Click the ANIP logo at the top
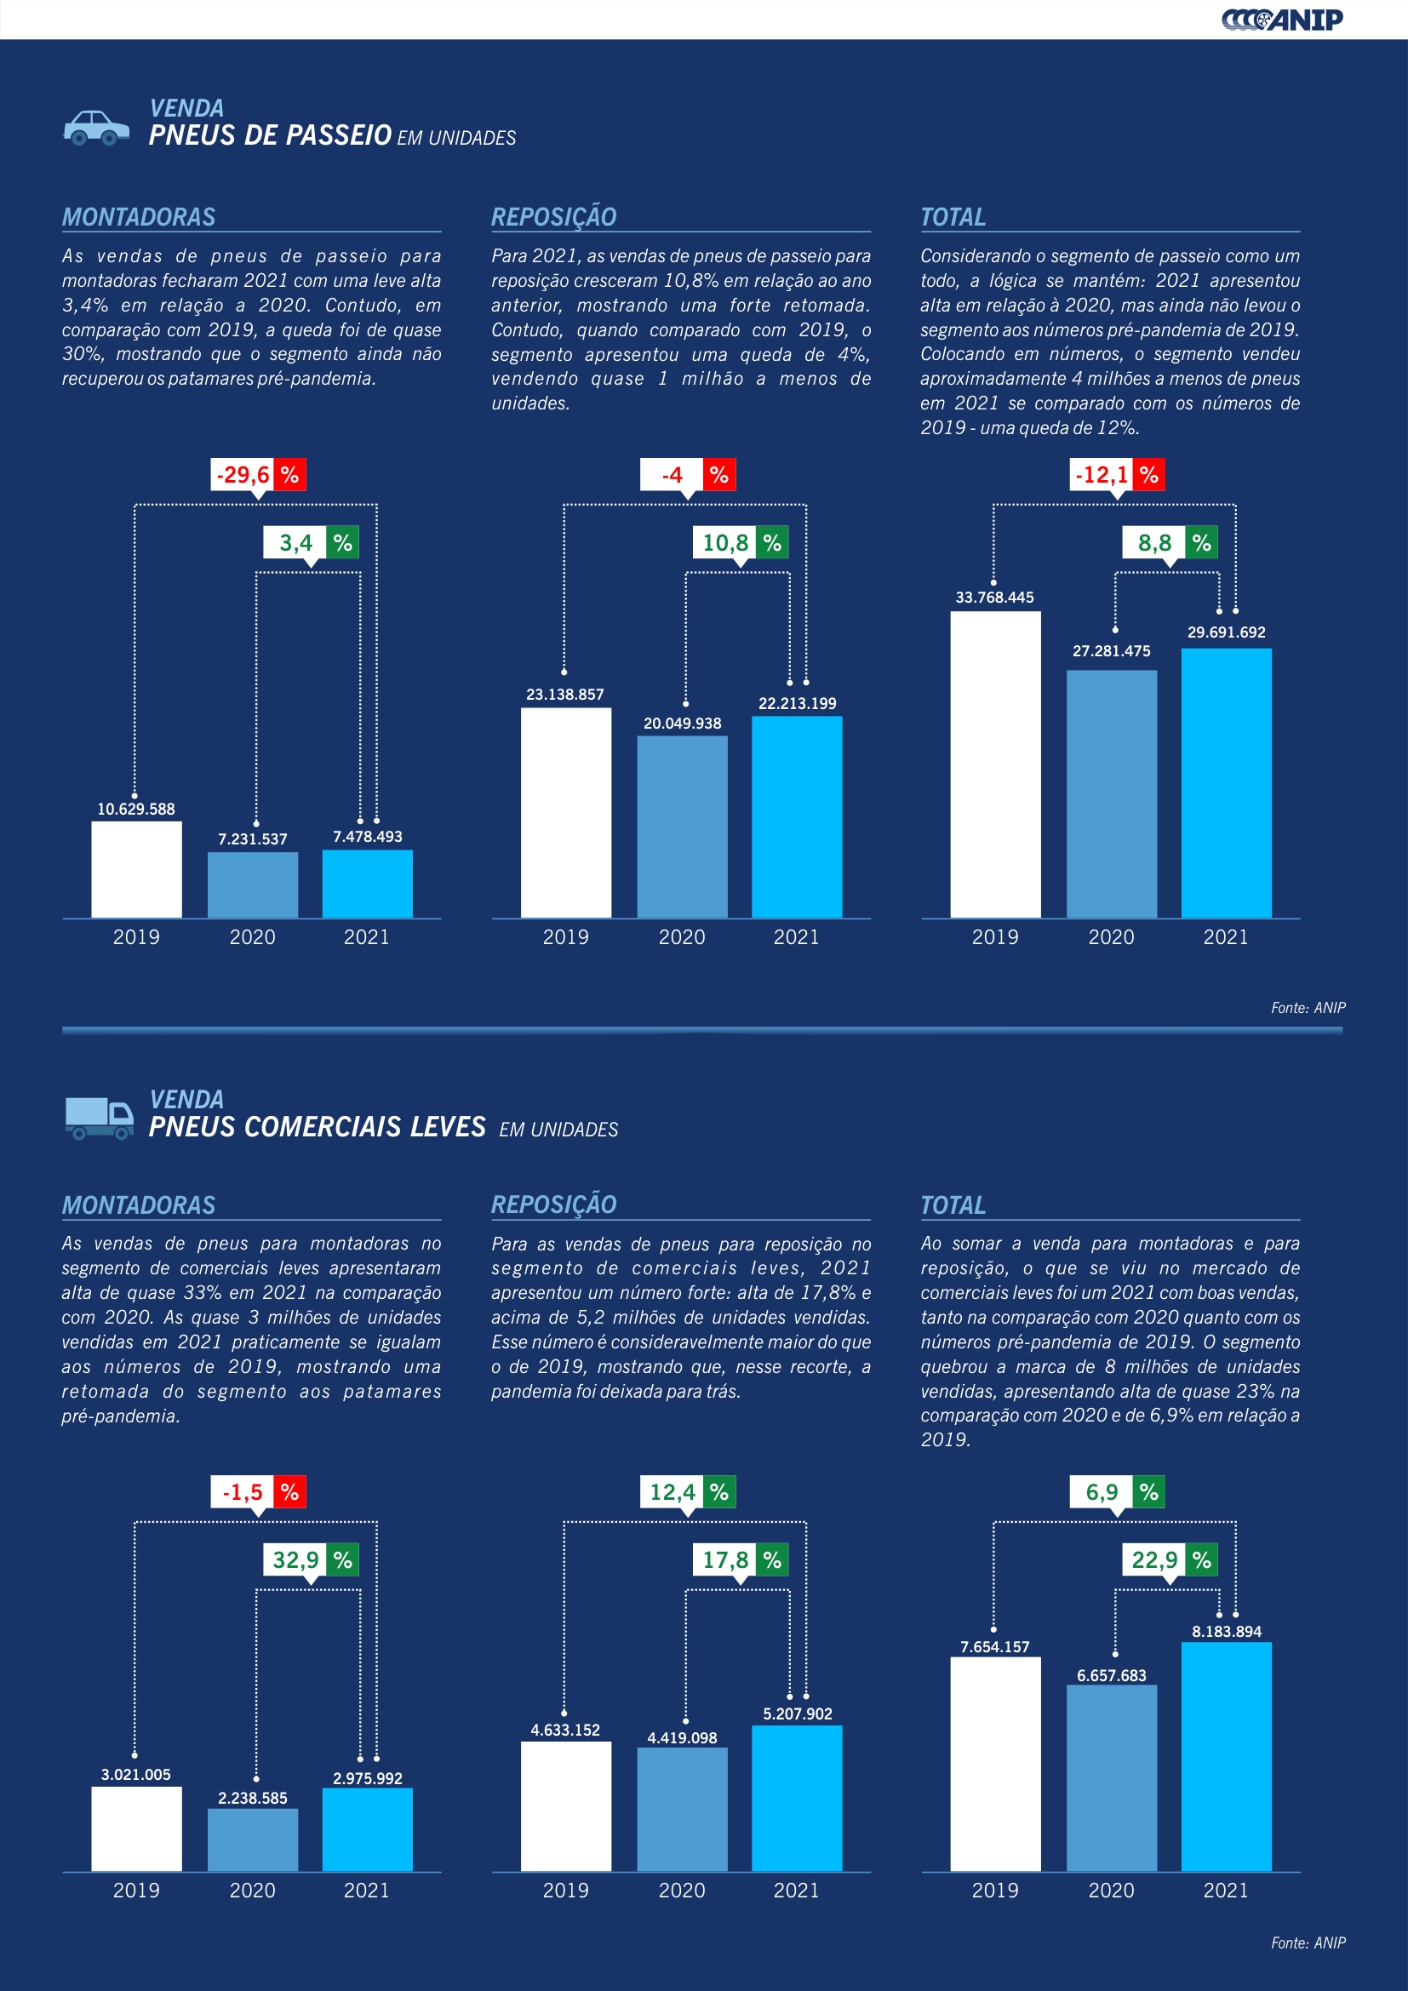click(x=1282, y=19)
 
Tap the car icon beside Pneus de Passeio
click(x=96, y=128)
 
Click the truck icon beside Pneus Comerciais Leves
click(x=99, y=1118)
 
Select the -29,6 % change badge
click(x=259, y=475)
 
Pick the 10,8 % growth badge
click(x=740, y=543)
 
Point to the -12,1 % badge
click(x=1117, y=475)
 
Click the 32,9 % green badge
click(x=311, y=1560)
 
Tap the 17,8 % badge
click(x=740, y=1560)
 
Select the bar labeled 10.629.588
click(x=136, y=869)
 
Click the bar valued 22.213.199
click(x=797, y=816)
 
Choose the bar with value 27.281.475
click(x=1112, y=793)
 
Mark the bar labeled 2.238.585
click(x=252, y=1839)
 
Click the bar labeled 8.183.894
click(x=1226, y=1756)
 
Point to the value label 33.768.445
click(x=994, y=598)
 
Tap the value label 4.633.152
click(x=565, y=1730)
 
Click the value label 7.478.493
click(x=368, y=837)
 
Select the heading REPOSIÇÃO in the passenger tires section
click(x=554, y=217)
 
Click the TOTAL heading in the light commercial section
click(x=953, y=1205)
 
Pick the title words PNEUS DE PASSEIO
click(x=270, y=135)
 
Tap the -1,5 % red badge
click(x=259, y=1492)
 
